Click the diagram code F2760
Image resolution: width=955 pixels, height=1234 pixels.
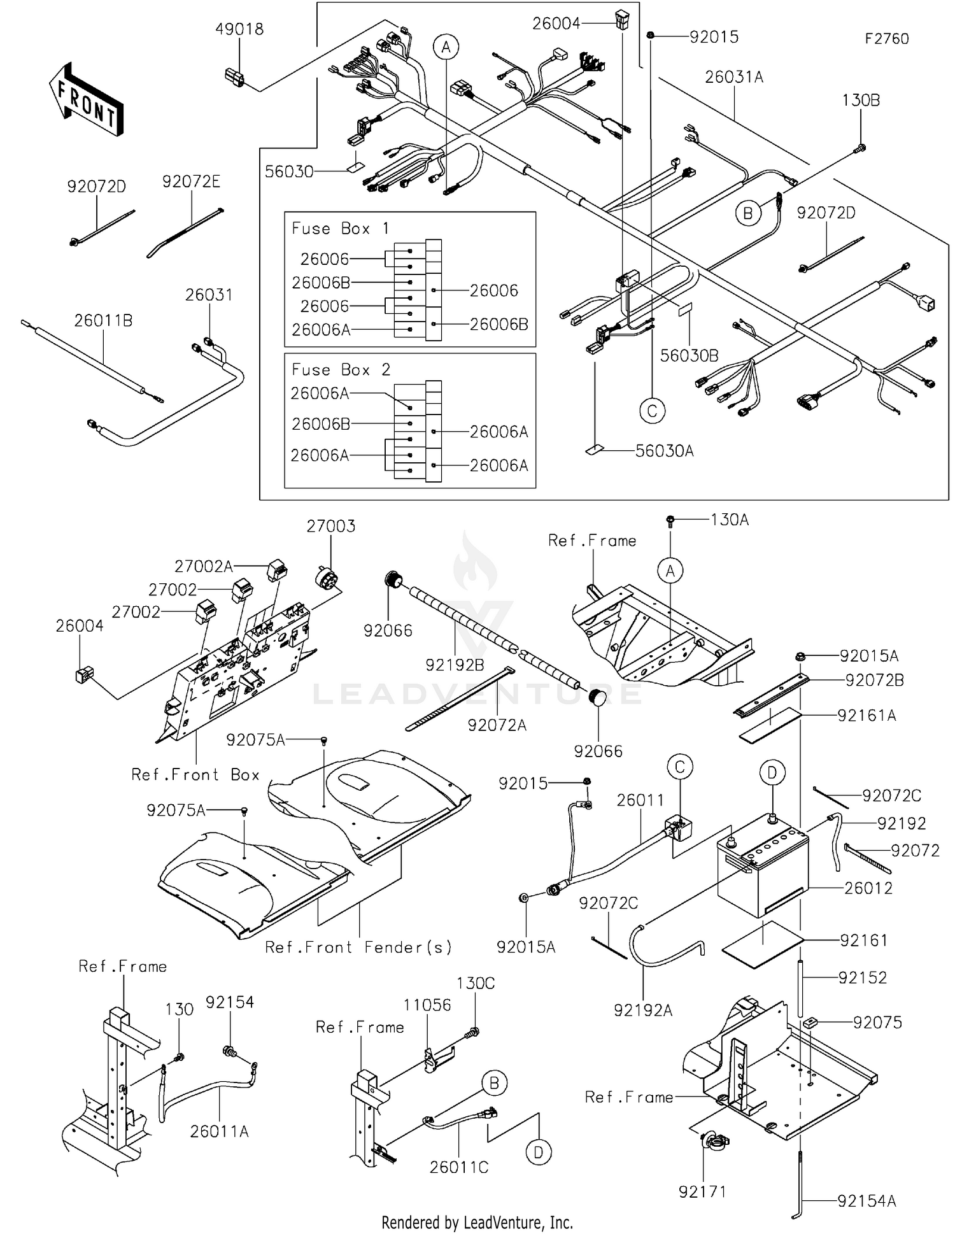pyautogui.click(x=886, y=39)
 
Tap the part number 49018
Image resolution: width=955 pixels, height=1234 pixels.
pyautogui.click(x=239, y=29)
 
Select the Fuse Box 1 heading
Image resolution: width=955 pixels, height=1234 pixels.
pyautogui.click(x=340, y=229)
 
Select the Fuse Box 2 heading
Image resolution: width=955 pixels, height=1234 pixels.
pyautogui.click(x=341, y=370)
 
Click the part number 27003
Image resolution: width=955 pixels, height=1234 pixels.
pyautogui.click(x=330, y=526)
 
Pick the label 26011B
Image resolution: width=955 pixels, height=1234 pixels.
pyautogui.click(x=103, y=320)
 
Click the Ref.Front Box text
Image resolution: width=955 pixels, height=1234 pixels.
pyautogui.click(x=195, y=774)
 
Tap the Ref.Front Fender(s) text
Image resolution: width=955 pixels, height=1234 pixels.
pyautogui.click(x=358, y=947)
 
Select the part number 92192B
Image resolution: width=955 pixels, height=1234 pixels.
pyautogui.click(x=455, y=665)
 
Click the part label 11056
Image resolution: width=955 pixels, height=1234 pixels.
pyautogui.click(x=427, y=1005)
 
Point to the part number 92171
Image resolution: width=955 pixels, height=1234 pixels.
pyautogui.click(x=702, y=1191)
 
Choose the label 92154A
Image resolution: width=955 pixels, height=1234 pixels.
pyautogui.click(x=867, y=1201)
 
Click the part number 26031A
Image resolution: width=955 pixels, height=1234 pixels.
pyautogui.click(x=733, y=77)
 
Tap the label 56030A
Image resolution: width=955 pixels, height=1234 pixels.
pyautogui.click(x=664, y=451)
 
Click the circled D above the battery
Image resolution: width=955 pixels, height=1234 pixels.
pyautogui.click(x=772, y=773)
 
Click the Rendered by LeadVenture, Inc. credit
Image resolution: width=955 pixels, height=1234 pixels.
pyautogui.click(x=477, y=1222)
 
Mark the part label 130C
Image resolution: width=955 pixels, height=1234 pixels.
pyautogui.click(x=476, y=983)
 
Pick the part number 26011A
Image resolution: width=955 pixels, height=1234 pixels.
pyautogui.click(x=219, y=1131)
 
